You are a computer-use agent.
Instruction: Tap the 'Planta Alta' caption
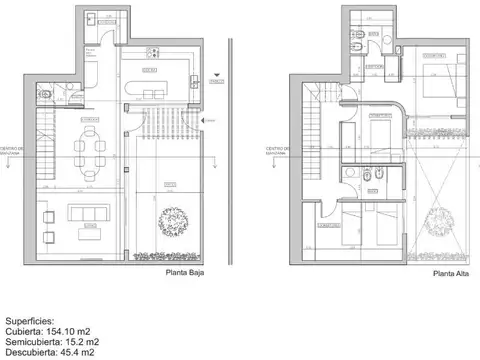tap(453, 272)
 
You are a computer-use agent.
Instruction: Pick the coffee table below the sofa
tap(89, 232)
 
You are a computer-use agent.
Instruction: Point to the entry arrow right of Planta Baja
tap(204, 121)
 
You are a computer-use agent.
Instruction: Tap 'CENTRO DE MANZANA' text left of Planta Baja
tap(23, 153)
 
